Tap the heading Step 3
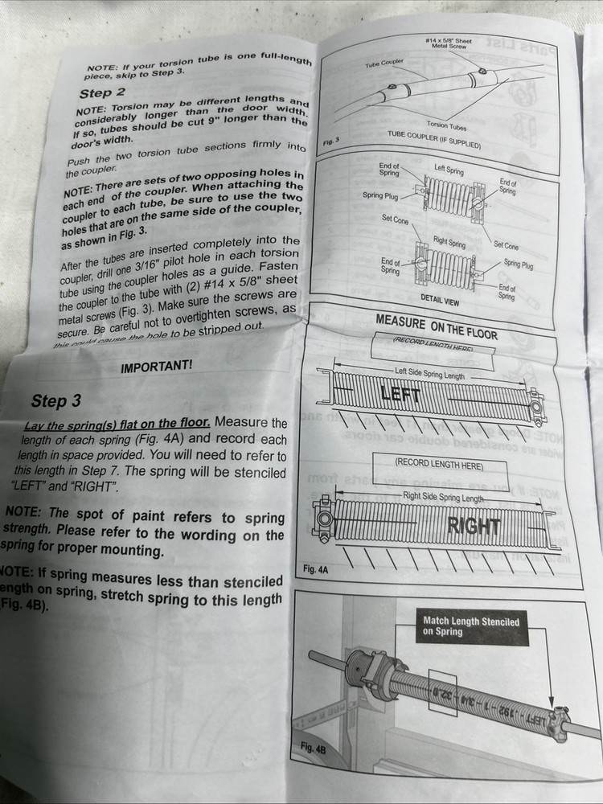tap(55, 400)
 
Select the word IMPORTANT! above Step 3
tap(156, 367)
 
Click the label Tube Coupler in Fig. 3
tap(384, 61)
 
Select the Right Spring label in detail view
tap(449, 242)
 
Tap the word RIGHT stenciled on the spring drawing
tap(474, 527)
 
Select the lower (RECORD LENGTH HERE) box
tap(439, 465)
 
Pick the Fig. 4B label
tap(313, 748)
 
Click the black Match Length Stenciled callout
tap(471, 626)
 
